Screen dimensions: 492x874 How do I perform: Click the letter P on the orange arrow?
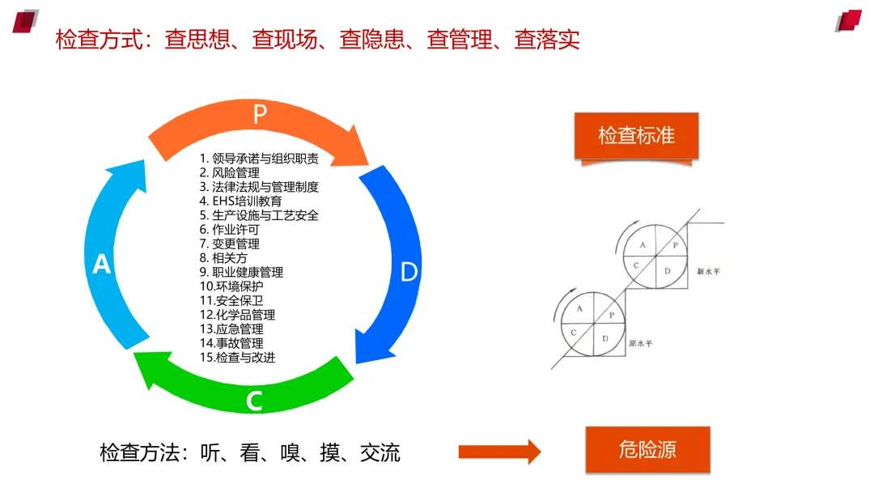click(x=259, y=114)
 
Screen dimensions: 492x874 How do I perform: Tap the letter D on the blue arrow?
click(x=409, y=272)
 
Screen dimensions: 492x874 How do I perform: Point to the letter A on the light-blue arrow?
click(x=102, y=264)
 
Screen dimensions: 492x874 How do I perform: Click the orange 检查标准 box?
click(x=636, y=135)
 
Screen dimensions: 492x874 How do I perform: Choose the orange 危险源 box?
click(x=647, y=450)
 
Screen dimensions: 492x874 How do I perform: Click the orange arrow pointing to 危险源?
click(x=499, y=452)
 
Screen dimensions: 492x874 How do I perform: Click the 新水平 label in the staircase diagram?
click(x=708, y=273)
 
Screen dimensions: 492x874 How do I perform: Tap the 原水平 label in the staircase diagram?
click(x=640, y=344)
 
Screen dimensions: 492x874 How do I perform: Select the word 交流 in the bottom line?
click(x=380, y=452)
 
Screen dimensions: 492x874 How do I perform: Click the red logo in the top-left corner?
click(x=26, y=20)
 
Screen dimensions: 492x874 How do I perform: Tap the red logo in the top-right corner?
click(x=848, y=20)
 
